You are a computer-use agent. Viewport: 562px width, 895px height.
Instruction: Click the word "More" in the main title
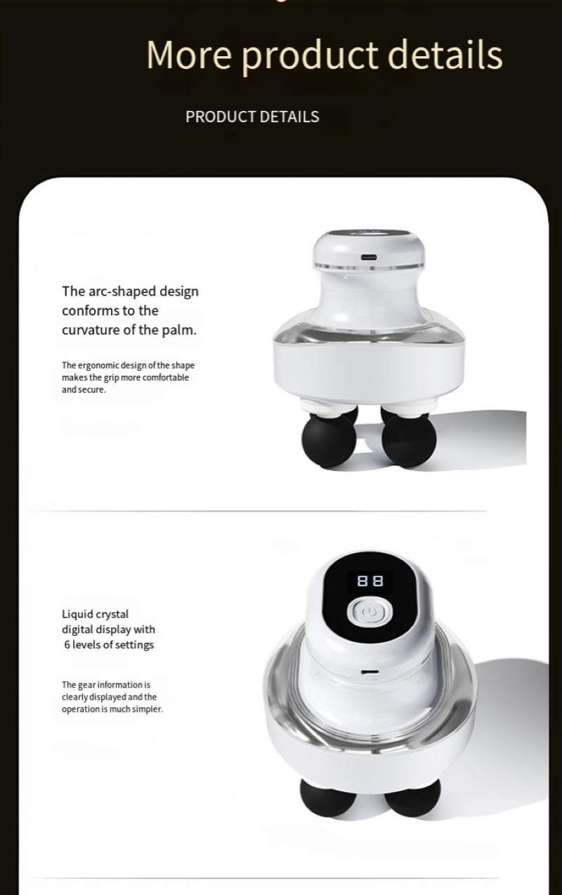pos(189,54)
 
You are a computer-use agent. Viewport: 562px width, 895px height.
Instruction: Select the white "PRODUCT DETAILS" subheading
pos(252,117)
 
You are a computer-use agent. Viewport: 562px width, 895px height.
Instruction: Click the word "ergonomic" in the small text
pos(98,365)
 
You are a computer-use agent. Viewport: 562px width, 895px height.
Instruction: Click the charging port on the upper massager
pos(369,257)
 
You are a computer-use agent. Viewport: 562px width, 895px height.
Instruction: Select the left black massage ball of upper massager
pos(329,440)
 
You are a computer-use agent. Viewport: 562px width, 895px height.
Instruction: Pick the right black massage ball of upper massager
pos(409,440)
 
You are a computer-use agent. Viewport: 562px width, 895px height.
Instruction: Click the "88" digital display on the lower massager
pos(370,580)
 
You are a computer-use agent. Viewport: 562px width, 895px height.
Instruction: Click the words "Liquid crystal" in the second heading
pos(95,615)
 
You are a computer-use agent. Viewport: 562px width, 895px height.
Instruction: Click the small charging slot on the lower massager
pos(370,672)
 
